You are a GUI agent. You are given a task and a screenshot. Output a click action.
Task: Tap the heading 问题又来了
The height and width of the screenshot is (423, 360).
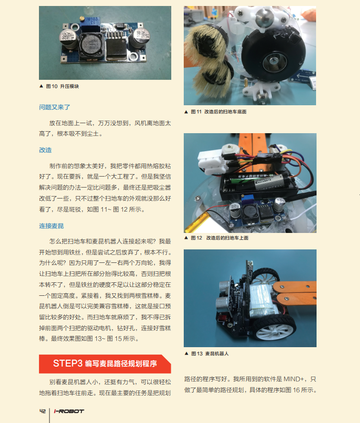pos(54,107)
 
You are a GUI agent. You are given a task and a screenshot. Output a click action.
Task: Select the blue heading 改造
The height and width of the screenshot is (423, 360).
pos(45,150)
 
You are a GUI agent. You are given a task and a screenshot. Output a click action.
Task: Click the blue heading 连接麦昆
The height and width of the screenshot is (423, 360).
pos(51,226)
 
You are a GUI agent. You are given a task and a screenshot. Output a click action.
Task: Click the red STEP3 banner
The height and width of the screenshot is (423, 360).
pos(105,364)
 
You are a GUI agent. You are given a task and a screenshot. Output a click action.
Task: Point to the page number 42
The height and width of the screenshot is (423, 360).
pos(42,411)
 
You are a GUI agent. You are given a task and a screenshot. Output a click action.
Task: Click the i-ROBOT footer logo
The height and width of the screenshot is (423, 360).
pos(69,411)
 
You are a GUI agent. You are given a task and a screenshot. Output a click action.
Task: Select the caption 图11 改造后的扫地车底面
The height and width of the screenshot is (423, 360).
pos(215,112)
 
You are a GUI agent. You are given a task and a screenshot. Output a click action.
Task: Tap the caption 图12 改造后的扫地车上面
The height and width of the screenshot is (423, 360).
pos(216,238)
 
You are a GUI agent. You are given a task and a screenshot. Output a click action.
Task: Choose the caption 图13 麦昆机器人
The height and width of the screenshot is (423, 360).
pos(207,354)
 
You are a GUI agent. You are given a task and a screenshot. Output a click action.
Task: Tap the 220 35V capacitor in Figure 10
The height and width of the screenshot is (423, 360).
pos(68,39)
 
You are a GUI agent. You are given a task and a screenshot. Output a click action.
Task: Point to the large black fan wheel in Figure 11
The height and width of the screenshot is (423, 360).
pos(273,55)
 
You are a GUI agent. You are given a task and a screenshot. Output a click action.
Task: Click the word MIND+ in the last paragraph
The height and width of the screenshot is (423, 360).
pos(294,379)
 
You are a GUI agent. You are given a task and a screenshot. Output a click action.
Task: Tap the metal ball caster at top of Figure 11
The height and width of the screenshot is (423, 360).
pos(263,17)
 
